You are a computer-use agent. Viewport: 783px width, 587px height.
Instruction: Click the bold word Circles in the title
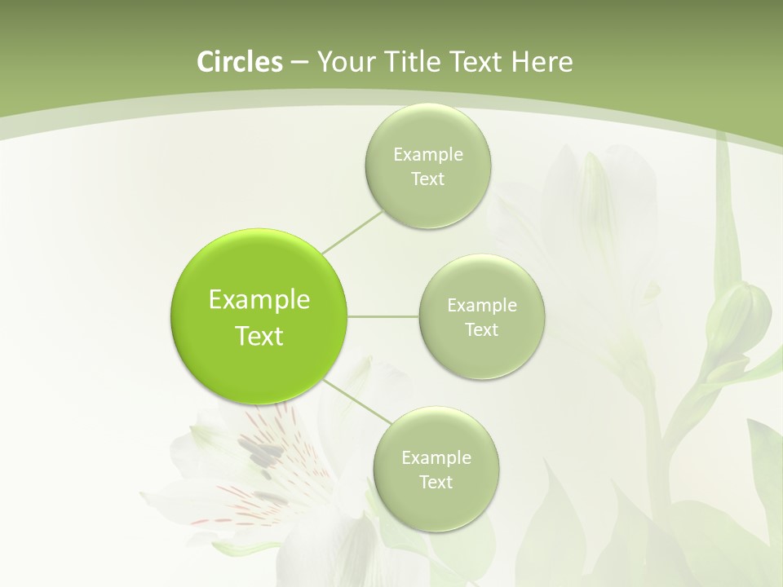(x=239, y=62)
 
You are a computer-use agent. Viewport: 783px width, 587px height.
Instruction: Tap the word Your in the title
(x=344, y=62)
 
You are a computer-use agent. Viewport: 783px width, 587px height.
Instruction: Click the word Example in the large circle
(x=259, y=300)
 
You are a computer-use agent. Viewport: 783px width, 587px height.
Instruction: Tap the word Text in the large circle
(x=259, y=336)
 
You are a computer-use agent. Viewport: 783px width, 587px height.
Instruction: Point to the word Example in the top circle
(x=427, y=155)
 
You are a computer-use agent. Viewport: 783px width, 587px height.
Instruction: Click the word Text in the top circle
(x=427, y=179)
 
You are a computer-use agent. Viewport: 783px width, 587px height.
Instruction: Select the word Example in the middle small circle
(x=481, y=306)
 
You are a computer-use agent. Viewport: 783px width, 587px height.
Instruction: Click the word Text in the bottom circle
(x=436, y=483)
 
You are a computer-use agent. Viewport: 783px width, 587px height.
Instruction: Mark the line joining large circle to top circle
(x=352, y=232)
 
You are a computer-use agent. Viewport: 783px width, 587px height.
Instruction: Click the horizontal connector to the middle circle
(x=383, y=316)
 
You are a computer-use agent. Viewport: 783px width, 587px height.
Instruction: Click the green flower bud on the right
(x=738, y=314)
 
